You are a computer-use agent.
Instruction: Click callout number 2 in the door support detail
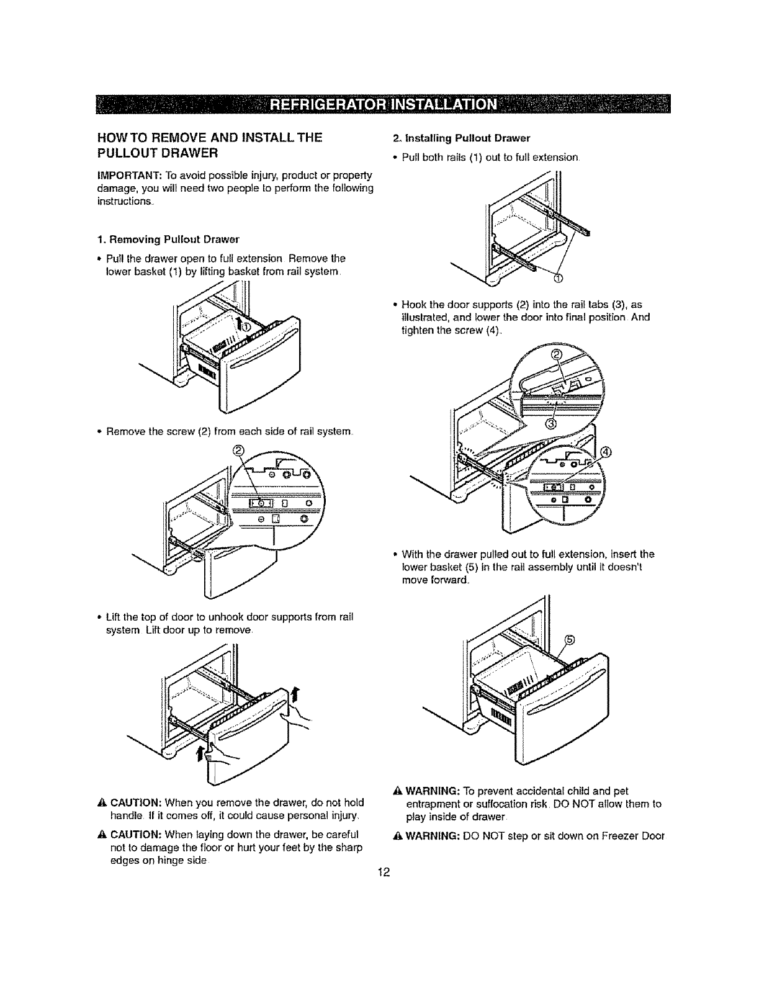[555, 356]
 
